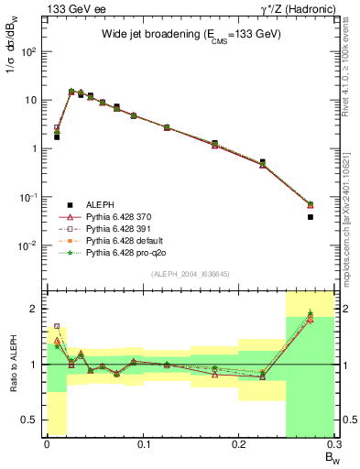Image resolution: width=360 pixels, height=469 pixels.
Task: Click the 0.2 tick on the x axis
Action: pos(239,447)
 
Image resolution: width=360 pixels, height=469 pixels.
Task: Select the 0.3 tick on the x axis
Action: pos(335,447)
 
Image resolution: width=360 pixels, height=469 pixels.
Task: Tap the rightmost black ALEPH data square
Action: pos(310,217)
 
